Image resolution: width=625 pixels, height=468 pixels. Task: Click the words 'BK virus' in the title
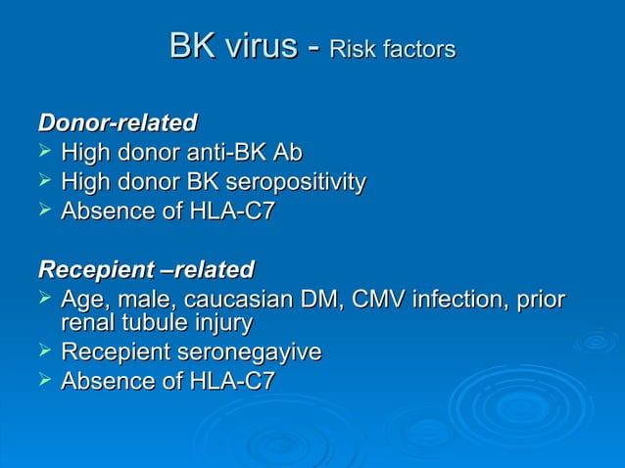point(232,46)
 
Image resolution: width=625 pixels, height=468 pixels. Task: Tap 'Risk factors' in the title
point(392,49)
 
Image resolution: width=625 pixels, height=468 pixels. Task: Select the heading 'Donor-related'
point(117,123)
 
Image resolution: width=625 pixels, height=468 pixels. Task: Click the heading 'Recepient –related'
point(145,269)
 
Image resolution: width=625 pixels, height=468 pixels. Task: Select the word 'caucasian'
point(243,299)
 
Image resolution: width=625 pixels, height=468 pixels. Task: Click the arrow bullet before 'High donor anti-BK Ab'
point(44,152)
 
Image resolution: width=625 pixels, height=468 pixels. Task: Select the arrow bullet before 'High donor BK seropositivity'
point(44,181)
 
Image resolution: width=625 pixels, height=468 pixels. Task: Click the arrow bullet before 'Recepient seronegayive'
point(44,351)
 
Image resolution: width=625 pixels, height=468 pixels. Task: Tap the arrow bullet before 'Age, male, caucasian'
point(44,298)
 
